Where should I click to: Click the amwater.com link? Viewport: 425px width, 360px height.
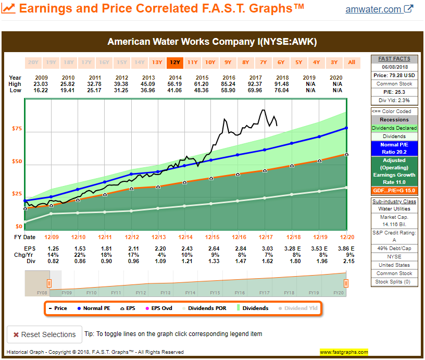373,9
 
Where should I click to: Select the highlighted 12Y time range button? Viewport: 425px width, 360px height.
174,63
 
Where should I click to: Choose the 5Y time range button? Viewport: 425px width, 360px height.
298,63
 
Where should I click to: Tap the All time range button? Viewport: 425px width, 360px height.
352,63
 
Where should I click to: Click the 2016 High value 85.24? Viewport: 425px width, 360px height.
228,84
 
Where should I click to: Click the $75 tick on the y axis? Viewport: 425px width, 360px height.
17,129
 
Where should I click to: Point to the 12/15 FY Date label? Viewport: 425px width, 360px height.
211,237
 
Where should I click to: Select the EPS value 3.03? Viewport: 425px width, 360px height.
265,248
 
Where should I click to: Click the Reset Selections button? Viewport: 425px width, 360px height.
45,334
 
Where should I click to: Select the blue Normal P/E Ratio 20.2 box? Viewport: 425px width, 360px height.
394,148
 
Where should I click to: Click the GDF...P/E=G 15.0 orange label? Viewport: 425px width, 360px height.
394,191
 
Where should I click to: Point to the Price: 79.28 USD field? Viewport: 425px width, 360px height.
394,76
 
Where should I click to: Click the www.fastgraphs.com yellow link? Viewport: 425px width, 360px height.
344,352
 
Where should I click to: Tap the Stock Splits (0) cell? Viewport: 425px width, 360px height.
394,282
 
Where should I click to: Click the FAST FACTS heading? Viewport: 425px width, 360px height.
394,59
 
